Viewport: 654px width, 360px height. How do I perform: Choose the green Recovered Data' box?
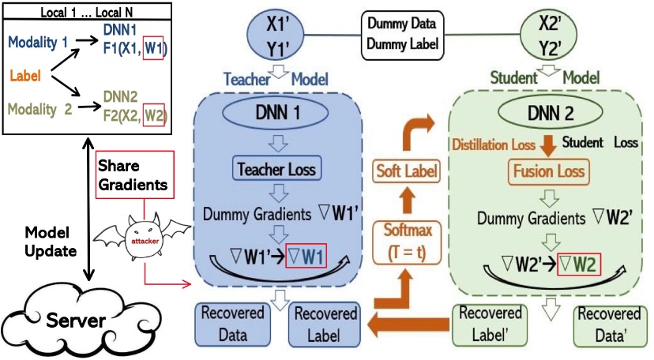pyautogui.click(x=606, y=323)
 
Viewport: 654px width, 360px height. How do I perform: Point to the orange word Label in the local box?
pyautogui.click(x=25, y=76)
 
